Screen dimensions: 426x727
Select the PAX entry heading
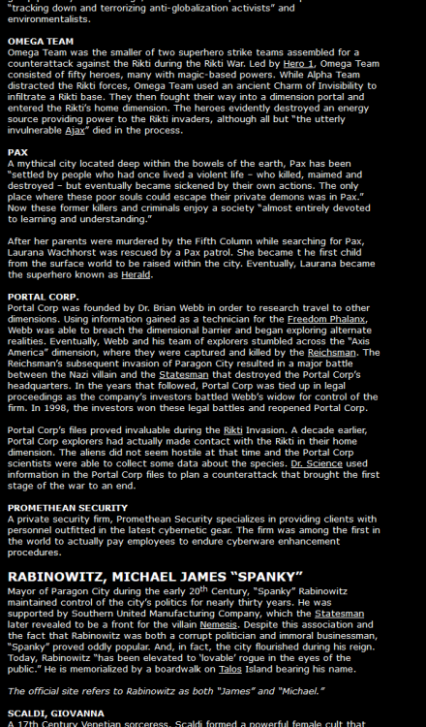pos(17,152)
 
